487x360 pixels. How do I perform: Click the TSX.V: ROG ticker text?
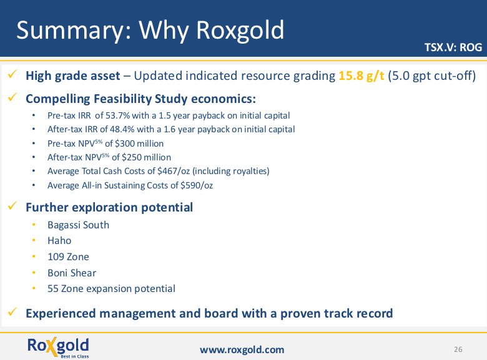(453, 47)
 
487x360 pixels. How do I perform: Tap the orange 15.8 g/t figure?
(362, 75)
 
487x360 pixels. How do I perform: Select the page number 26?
(458, 349)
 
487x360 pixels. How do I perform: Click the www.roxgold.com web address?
(242, 350)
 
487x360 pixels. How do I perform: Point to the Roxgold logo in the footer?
(58, 347)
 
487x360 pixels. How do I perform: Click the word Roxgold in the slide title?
(240, 30)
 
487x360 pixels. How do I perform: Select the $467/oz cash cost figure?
(174, 171)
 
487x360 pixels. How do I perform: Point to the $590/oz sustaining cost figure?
(197, 185)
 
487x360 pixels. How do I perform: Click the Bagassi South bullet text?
(78, 225)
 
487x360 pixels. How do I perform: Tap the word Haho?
(59, 240)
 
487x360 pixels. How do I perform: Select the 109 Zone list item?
(68, 256)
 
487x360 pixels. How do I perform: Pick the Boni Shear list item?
(72, 273)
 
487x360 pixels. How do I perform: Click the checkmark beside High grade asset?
(12, 74)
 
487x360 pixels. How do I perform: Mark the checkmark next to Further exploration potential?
(12, 205)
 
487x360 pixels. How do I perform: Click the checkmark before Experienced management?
(12, 311)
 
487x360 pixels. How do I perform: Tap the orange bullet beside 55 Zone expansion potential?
(34, 288)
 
